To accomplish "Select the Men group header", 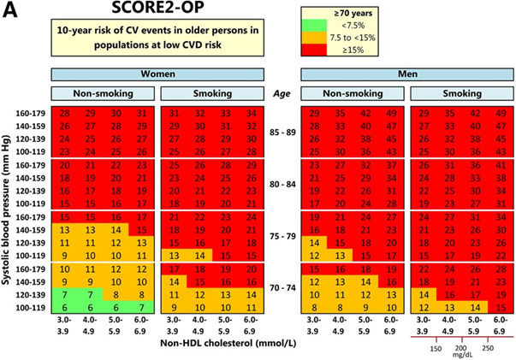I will click(406, 74).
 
